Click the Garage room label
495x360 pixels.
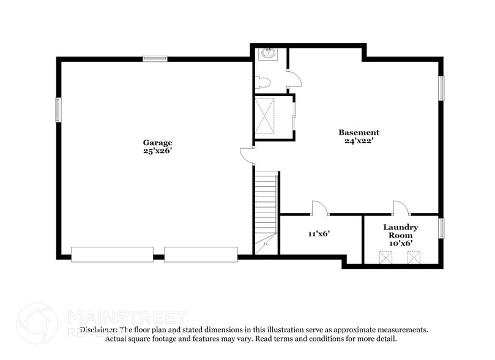[x=157, y=142]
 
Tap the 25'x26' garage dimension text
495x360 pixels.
[x=157, y=151]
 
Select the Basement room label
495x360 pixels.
[x=359, y=132]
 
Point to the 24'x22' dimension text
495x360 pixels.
[x=359, y=141]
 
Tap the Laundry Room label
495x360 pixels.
[x=401, y=231]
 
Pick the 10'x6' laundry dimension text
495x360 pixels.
[x=401, y=243]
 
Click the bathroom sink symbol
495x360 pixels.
[x=267, y=54]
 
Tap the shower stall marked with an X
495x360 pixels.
[x=266, y=115]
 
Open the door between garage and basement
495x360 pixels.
[x=248, y=156]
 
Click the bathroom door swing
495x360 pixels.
[x=294, y=78]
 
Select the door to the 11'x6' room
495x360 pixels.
[x=320, y=208]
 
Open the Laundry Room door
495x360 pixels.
[x=401, y=208]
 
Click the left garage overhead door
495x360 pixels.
[x=112, y=254]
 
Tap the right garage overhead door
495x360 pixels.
[x=201, y=254]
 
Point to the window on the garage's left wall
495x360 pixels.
[x=58, y=110]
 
